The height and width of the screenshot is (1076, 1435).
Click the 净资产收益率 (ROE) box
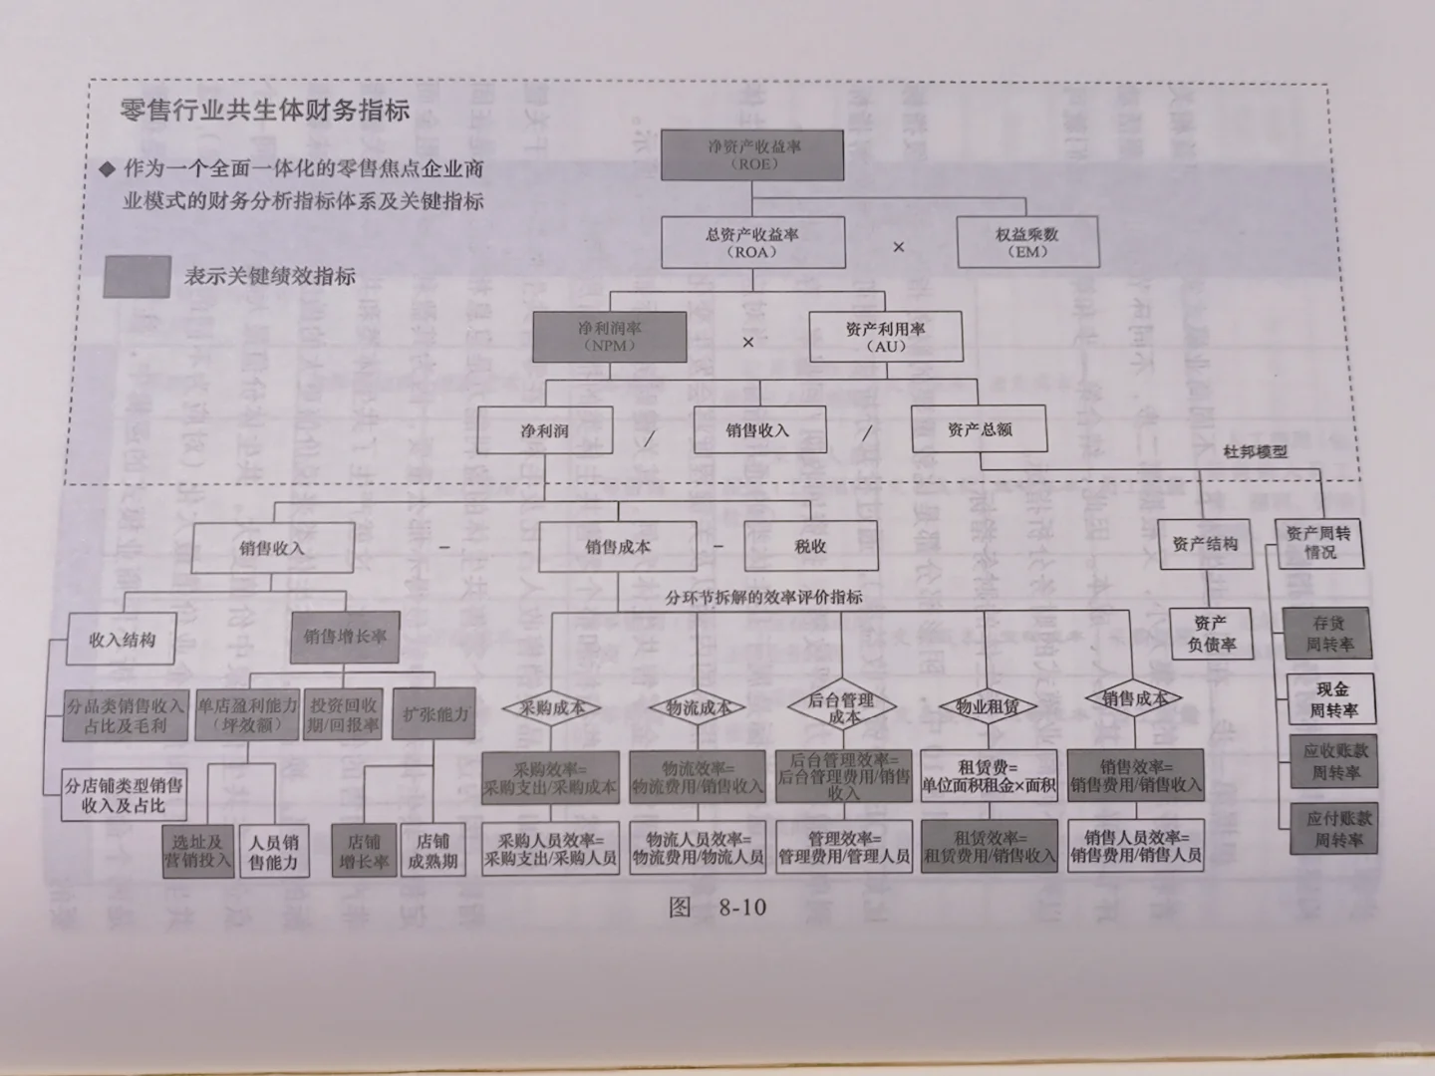pos(753,154)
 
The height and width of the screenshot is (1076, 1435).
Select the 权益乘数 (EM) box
pos(1026,242)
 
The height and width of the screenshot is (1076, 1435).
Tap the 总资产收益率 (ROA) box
pos(752,242)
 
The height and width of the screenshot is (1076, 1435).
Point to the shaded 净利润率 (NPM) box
pos(609,336)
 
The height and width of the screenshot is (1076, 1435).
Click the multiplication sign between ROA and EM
pos(898,246)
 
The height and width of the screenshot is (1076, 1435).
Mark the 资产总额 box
pos(979,429)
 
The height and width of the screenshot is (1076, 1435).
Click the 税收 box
pos(810,546)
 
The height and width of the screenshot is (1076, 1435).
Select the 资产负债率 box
pos(1211,634)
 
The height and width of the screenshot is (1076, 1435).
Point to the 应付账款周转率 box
pos(1338,829)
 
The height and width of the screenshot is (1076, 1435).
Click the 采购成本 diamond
pos(551,708)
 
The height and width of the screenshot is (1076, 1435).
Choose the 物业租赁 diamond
pos(987,707)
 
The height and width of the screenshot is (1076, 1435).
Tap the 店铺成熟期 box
pos(432,851)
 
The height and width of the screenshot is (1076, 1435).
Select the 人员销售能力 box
pos(273,852)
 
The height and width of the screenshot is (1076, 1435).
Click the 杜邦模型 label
pos(1255,451)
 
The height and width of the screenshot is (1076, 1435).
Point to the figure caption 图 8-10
pos(717,907)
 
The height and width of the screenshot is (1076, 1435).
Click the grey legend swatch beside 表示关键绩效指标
pos(137,276)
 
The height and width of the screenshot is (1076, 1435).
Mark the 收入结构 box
pos(122,640)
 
